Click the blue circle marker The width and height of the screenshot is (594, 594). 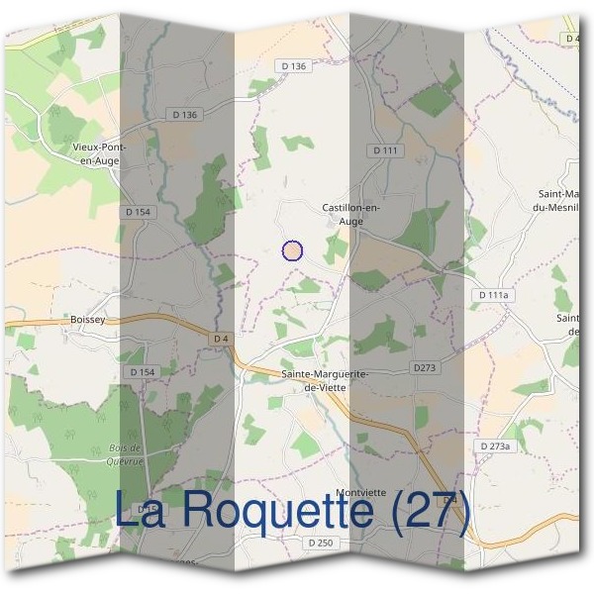292,250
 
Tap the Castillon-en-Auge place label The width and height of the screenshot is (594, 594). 351,214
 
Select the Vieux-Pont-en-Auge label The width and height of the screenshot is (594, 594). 99,151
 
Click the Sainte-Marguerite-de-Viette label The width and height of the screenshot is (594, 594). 326,380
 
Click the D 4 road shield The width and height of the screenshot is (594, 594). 222,339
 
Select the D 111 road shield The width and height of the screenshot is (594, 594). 385,149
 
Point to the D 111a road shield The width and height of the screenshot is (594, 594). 492,295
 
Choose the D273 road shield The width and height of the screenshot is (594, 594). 425,367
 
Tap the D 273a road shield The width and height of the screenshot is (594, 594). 495,446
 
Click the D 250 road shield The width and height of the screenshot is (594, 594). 321,543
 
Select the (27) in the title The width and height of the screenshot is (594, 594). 427,511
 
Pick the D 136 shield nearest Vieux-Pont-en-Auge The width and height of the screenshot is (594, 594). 184,115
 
